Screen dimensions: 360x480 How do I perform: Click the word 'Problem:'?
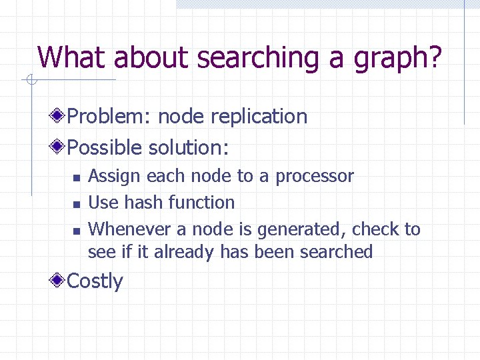click(110, 117)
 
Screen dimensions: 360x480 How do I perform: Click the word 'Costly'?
click(95, 281)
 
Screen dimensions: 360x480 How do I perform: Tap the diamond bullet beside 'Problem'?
click(59, 116)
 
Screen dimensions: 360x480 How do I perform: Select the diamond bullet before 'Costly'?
click(59, 281)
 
